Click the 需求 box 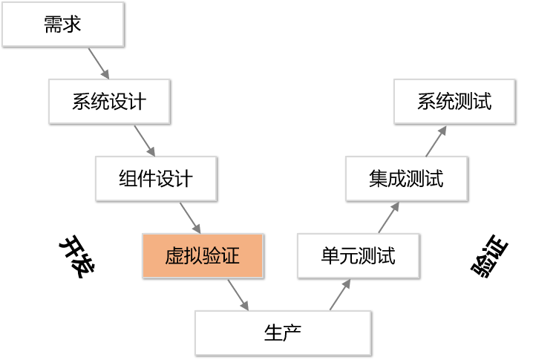click(63, 24)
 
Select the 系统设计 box click(109, 101)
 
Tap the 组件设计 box click(156, 178)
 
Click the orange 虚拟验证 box click(203, 255)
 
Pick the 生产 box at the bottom click(283, 333)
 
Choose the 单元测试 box click(359, 255)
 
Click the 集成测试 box click(407, 178)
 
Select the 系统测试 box click(455, 101)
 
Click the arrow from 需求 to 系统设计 click(99, 64)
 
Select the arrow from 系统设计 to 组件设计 click(145, 141)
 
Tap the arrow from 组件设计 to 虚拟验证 click(190, 218)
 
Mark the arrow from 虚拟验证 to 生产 click(238, 295)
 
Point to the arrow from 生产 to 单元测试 click(340, 295)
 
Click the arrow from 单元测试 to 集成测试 click(389, 217)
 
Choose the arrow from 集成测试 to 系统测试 click(436, 142)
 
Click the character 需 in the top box click(53, 24)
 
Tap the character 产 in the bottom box click(292, 333)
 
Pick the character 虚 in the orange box click(174, 255)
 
